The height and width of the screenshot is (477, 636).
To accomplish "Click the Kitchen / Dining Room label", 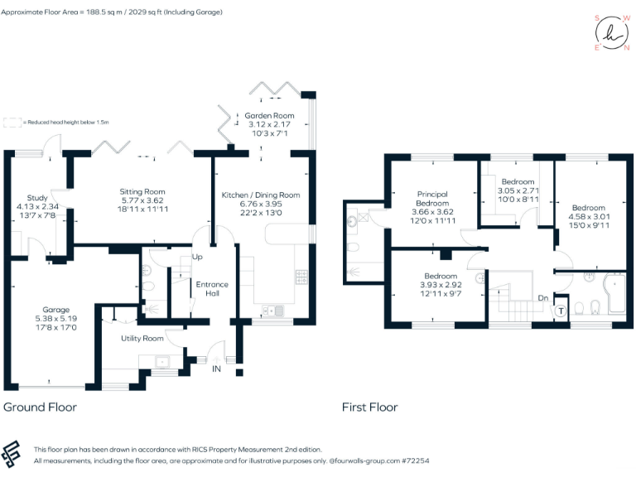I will [x=260, y=195].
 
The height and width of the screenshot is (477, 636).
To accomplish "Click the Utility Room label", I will [x=142, y=338].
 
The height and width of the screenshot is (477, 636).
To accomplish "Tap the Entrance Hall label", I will [x=212, y=289].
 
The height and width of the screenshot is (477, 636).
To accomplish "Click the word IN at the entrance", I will [x=217, y=368].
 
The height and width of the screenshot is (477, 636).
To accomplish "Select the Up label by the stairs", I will [x=197, y=258].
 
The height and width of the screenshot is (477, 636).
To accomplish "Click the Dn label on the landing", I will [x=543, y=298].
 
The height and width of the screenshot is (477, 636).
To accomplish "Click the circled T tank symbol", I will [x=560, y=311].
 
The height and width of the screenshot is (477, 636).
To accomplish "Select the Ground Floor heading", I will [x=41, y=407].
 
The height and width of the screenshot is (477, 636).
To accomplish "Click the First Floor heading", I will [x=369, y=407].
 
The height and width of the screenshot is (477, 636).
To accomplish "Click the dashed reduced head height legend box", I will [x=12, y=122].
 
